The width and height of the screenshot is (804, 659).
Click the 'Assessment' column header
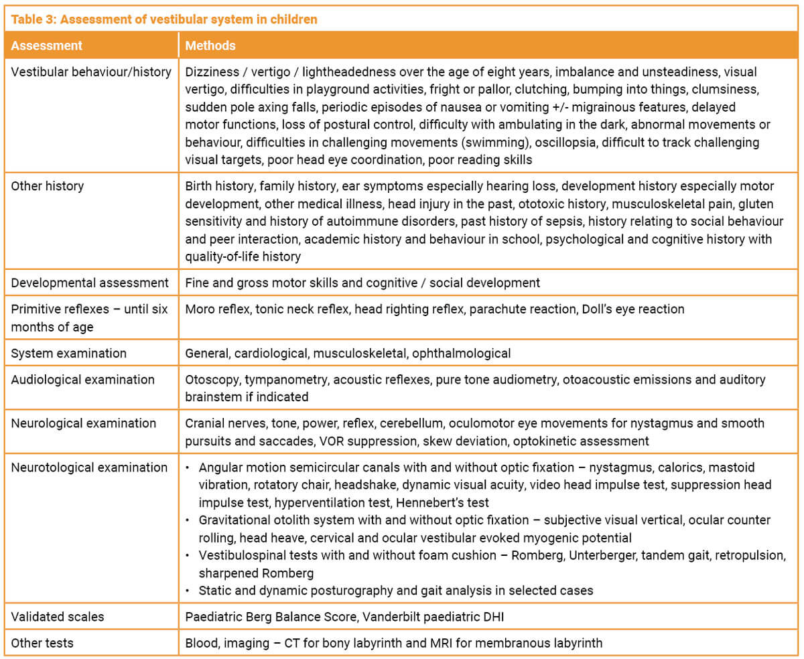pos(47,46)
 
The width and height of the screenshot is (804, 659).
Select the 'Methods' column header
pos(210,46)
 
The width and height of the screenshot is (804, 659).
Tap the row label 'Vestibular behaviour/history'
pos(91,72)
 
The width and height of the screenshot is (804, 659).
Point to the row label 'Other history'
pos(48,186)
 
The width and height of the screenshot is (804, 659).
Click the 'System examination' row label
pos(69,353)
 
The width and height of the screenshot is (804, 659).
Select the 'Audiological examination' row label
pos(83,380)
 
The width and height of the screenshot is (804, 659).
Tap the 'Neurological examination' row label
pos(84,423)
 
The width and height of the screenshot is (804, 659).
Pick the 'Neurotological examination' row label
pos(89,467)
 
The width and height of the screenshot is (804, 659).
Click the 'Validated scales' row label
pos(58,616)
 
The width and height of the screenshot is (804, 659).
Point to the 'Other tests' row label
pos(42,643)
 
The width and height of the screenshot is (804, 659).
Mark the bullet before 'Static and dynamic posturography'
pos(189,591)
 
